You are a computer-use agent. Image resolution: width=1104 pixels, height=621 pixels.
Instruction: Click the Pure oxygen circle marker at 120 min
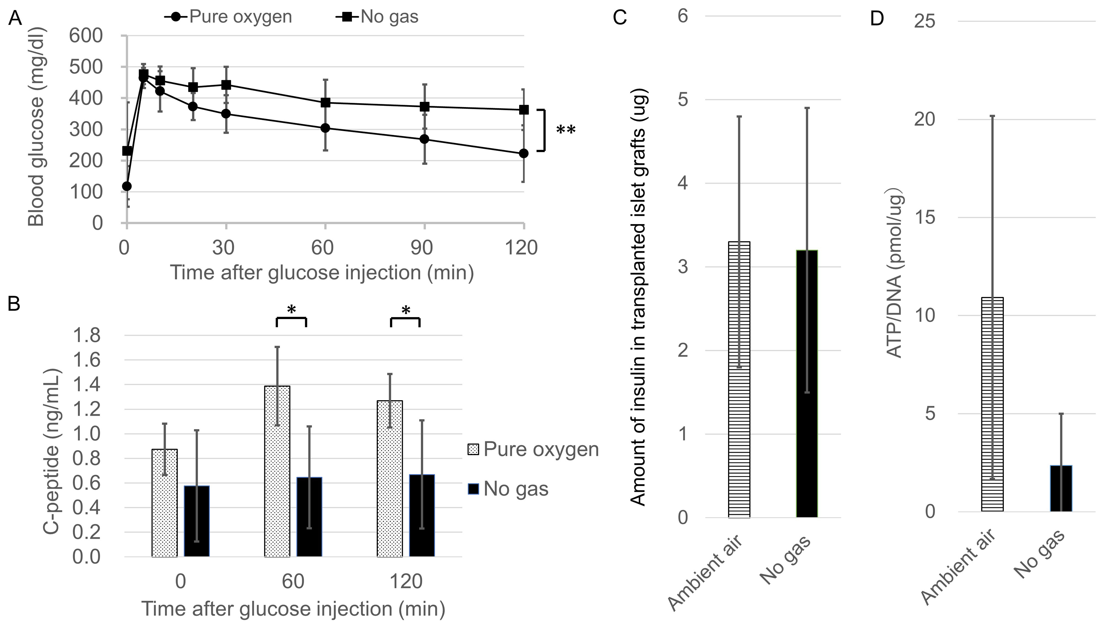pyautogui.click(x=523, y=153)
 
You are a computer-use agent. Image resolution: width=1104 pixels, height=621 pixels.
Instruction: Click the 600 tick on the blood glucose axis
pyautogui.click(x=86, y=35)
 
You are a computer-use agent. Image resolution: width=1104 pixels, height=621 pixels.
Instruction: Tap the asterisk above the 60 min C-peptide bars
pyautogui.click(x=291, y=310)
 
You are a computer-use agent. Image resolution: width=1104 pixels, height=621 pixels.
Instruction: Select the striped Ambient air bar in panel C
pyautogui.click(x=739, y=379)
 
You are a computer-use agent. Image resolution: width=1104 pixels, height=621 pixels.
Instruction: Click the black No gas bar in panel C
pyautogui.click(x=807, y=383)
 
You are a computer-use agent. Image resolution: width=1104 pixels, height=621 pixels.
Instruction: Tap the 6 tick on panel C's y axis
pyautogui.click(x=683, y=16)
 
